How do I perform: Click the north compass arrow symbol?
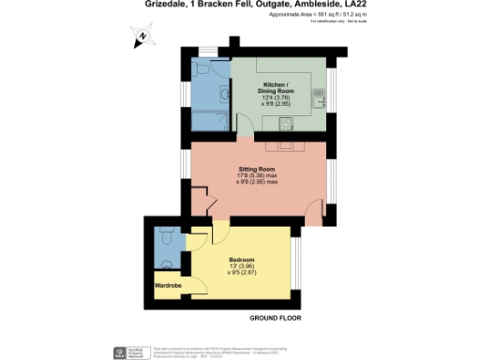(x=140, y=38)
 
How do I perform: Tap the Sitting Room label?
(x=254, y=169)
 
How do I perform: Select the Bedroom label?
(x=242, y=259)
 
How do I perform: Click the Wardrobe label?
(x=168, y=282)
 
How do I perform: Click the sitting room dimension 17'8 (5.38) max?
(x=256, y=175)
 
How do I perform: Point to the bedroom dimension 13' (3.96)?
(x=242, y=265)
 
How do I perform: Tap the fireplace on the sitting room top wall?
(x=281, y=147)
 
